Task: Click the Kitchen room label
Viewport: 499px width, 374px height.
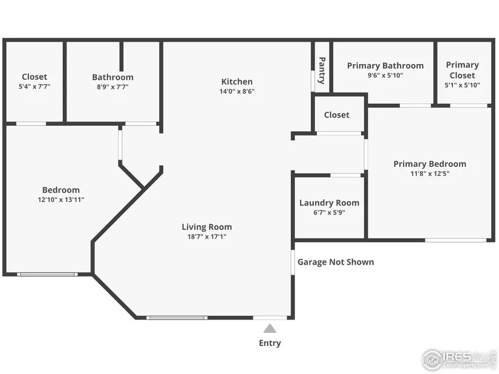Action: (x=236, y=82)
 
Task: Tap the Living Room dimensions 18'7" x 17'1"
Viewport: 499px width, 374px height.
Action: (x=207, y=237)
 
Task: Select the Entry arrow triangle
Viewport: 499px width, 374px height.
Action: (x=270, y=328)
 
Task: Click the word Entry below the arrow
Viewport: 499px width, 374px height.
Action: (x=270, y=343)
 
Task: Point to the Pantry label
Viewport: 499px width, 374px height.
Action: (x=322, y=71)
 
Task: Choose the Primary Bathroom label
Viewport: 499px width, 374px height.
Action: (x=385, y=66)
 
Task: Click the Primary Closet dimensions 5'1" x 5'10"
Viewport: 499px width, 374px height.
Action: (x=462, y=85)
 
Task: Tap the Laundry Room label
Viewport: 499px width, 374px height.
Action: (x=330, y=203)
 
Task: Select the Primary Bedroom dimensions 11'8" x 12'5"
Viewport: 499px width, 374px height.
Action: (x=430, y=173)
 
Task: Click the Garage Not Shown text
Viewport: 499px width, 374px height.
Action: (x=336, y=262)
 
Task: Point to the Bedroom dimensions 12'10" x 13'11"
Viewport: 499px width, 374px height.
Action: (x=61, y=200)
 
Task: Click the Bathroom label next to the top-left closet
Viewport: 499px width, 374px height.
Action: (x=113, y=77)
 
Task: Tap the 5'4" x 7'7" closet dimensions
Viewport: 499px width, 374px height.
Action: (x=34, y=86)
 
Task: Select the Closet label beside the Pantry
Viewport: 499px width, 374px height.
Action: (x=337, y=115)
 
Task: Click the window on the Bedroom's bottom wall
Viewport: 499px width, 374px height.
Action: (x=47, y=274)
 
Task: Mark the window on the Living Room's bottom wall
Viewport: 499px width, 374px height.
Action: (x=177, y=317)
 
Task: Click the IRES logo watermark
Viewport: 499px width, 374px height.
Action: (x=459, y=359)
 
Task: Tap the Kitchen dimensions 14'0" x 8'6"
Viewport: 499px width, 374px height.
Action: (x=237, y=92)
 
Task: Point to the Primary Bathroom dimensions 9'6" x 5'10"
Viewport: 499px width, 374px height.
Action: (x=385, y=76)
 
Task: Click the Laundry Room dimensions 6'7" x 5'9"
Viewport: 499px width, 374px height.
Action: (x=330, y=213)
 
